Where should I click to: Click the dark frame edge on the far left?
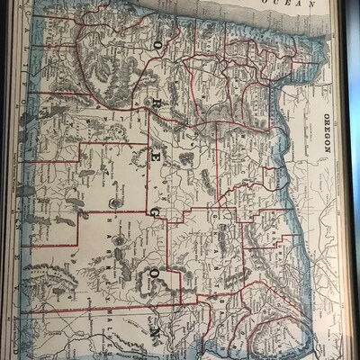coord(4,180)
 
